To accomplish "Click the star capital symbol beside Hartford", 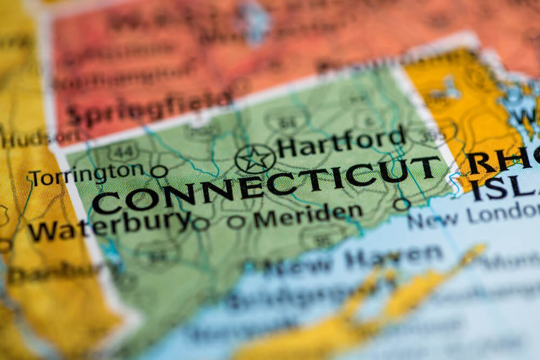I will tap(255, 159).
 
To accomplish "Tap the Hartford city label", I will tap(341, 142).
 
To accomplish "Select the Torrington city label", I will tap(86, 174).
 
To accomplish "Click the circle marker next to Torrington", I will tap(159, 172).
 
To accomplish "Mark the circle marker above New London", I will tap(401, 204).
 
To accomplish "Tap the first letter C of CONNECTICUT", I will tap(107, 203).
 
